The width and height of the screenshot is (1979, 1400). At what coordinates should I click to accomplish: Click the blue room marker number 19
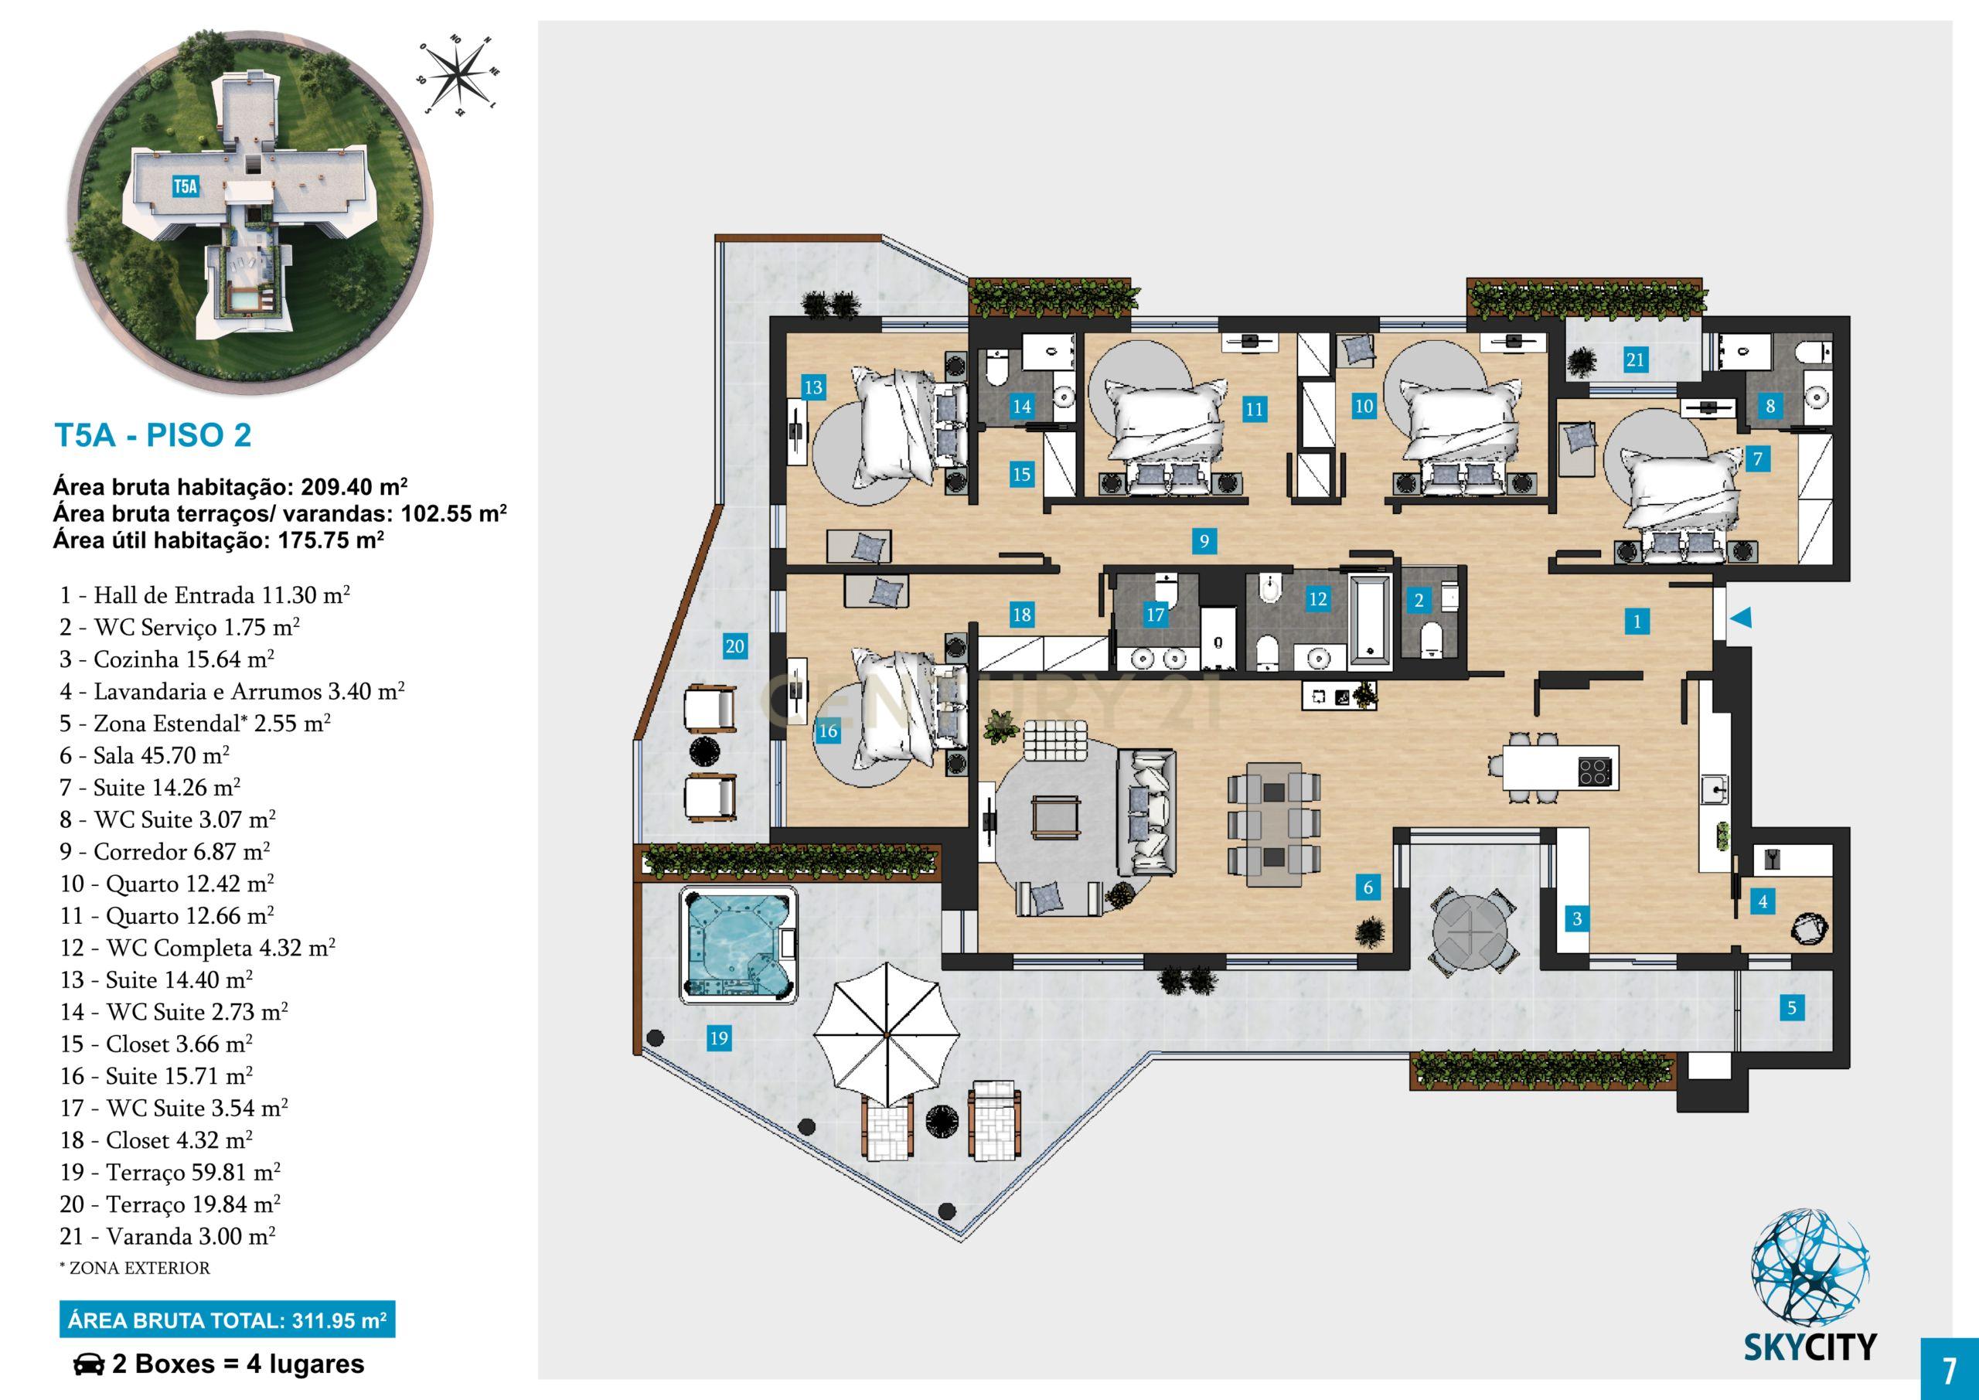[x=718, y=1039]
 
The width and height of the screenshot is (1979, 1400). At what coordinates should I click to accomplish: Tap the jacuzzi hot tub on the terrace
[x=740, y=945]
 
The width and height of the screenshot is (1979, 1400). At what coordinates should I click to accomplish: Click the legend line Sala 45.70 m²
[x=144, y=756]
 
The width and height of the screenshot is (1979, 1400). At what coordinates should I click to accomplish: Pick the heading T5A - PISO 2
[x=153, y=435]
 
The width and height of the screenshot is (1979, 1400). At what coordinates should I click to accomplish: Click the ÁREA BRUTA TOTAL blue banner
[x=227, y=1320]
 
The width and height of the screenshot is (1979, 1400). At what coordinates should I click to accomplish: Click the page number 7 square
[x=1949, y=1369]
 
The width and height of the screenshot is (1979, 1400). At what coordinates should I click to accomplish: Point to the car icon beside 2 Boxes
[x=87, y=1364]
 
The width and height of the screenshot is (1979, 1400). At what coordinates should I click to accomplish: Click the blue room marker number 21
[x=1635, y=359]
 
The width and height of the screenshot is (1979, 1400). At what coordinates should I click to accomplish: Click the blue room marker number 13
[x=812, y=387]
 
